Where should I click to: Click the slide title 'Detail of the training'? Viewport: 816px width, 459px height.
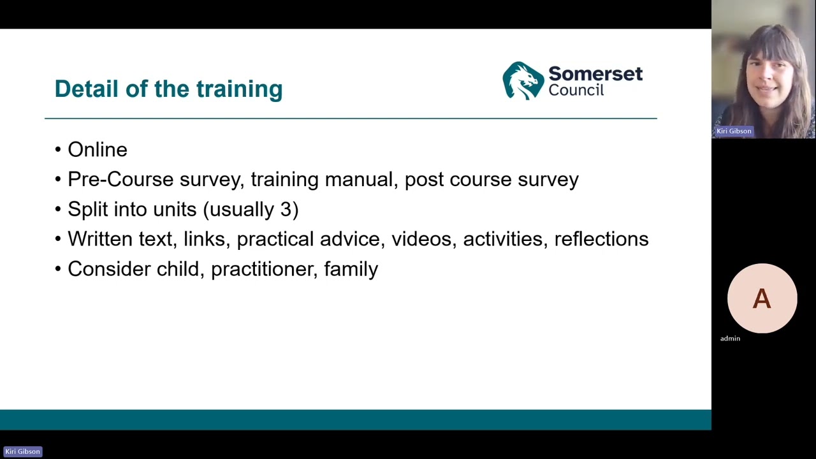[x=168, y=89]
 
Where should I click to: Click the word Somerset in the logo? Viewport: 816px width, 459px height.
[x=595, y=74]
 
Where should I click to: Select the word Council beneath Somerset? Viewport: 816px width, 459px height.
[x=576, y=91]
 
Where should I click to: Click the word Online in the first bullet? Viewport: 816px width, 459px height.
[x=98, y=150]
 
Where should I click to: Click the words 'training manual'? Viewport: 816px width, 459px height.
[x=321, y=180]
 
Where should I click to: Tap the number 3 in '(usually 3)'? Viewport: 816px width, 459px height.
[x=286, y=209]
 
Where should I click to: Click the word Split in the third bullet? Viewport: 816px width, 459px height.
[x=87, y=209]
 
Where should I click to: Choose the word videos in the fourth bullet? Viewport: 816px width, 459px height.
[x=421, y=239]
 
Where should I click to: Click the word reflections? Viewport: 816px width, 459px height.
[x=601, y=239]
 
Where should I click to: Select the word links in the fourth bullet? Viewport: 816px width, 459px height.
[x=204, y=239]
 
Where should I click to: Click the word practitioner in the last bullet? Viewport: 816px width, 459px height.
[x=262, y=269]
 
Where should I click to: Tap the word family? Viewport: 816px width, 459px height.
[x=351, y=269]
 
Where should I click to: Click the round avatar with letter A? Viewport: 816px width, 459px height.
[x=762, y=298]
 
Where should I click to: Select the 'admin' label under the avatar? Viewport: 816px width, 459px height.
[x=730, y=339]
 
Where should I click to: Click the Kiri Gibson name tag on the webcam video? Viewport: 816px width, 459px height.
[x=734, y=131]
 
